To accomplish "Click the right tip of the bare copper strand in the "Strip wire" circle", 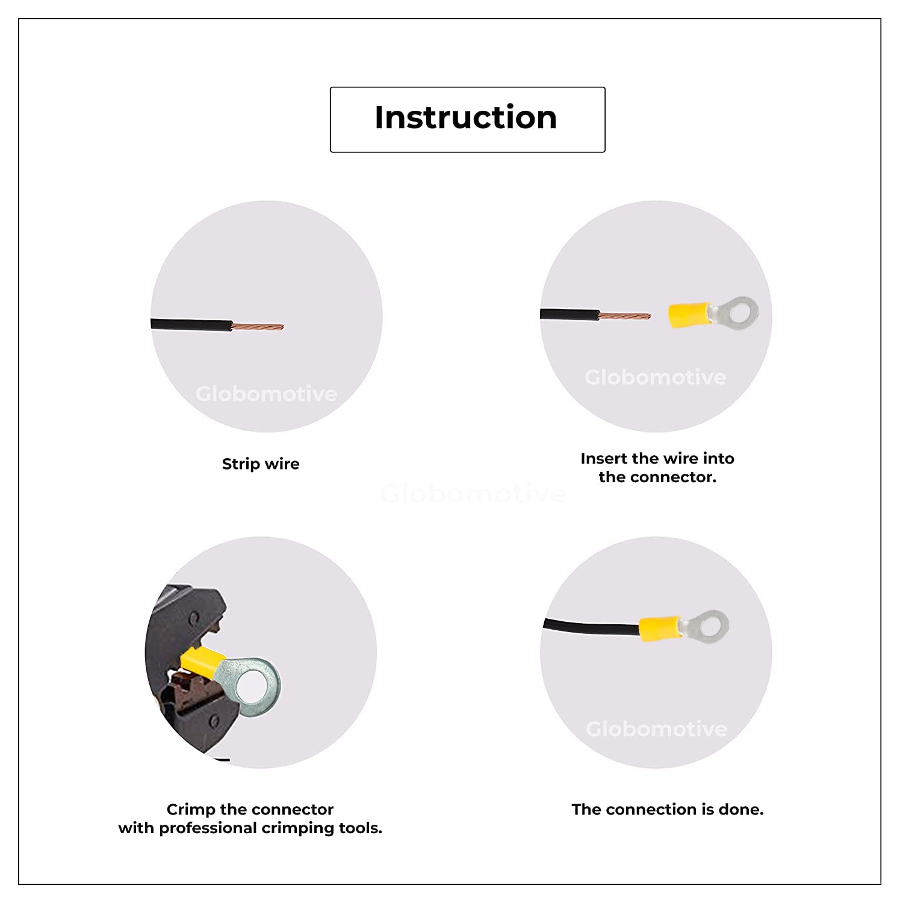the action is (x=284, y=327).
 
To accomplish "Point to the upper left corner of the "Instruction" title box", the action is (x=330, y=87).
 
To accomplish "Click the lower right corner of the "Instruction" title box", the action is (x=605, y=152).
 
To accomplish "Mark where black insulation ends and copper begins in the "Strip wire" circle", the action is (x=232, y=326).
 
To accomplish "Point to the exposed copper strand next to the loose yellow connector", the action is (x=625, y=315).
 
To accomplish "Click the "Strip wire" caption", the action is (x=261, y=464).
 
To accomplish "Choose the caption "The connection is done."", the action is (x=668, y=809).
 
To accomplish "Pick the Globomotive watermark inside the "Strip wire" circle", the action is (x=266, y=394).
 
